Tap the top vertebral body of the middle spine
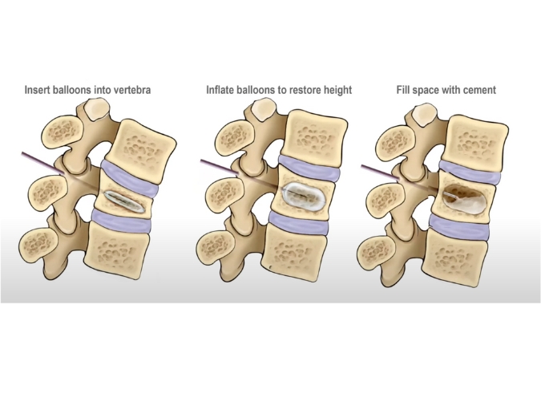click(x=316, y=136)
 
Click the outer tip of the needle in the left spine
click(x=22, y=152)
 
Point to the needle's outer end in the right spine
click(x=362, y=166)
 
